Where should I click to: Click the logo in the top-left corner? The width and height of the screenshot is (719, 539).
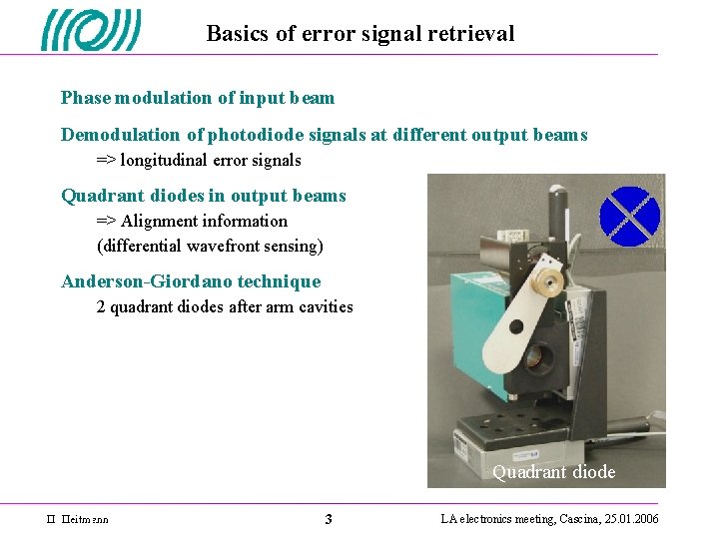91,30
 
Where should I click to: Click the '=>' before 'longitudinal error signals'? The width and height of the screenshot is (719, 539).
106,161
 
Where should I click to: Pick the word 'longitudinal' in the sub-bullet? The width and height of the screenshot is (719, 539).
165,161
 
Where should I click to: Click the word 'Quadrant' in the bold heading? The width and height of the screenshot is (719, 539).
99,196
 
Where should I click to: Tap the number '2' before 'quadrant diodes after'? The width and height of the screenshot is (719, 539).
101,307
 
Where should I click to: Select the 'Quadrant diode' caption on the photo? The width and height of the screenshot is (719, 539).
553,472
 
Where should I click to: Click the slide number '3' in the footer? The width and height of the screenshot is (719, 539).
329,519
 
